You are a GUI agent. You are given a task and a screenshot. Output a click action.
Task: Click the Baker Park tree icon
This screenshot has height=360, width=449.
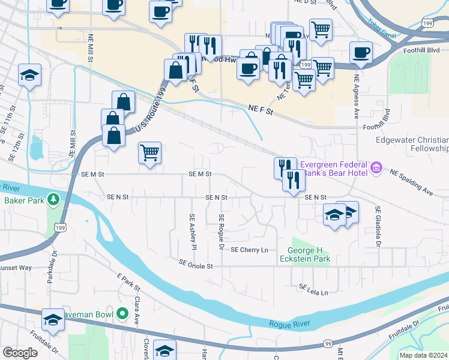click(53, 199)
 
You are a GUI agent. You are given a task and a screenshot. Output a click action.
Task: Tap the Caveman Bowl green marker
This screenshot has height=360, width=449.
click(122, 313)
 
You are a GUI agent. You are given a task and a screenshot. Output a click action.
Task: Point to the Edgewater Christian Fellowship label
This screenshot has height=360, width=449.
click(412, 144)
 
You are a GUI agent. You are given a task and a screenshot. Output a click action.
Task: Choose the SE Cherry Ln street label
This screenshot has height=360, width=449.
click(249, 250)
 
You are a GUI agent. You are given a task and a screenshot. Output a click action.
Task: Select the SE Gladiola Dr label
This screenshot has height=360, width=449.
click(379, 227)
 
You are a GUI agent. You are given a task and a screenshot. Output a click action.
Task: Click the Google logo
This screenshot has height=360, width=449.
click(20, 353)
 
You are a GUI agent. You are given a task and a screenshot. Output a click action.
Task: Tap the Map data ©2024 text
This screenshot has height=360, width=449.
click(423, 355)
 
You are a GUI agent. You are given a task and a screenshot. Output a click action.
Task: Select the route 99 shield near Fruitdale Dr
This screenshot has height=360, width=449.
click(328, 343)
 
